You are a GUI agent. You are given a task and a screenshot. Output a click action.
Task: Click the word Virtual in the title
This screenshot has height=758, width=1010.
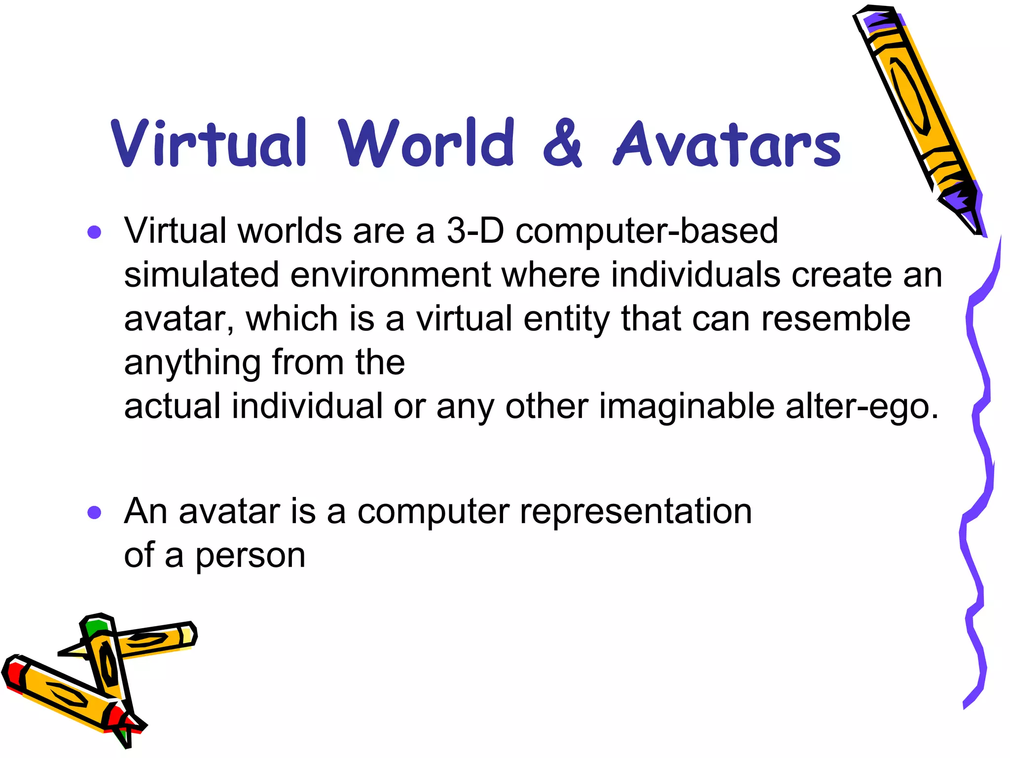click(x=210, y=143)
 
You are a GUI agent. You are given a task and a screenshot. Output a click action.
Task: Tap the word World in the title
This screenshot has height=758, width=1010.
click(x=427, y=143)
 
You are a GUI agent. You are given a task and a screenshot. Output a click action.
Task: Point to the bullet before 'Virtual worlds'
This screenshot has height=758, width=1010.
click(x=94, y=232)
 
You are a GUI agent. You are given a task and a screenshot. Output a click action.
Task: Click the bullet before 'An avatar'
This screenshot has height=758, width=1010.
click(x=94, y=512)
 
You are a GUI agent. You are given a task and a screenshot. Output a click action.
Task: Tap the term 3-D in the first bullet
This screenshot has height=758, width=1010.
click(x=475, y=231)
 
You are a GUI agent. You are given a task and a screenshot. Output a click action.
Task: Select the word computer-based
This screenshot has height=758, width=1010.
click(x=647, y=231)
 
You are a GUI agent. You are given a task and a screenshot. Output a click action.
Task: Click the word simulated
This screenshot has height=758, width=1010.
click(x=201, y=274)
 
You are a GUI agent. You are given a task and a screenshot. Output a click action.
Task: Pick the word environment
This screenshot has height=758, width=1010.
click(x=390, y=274)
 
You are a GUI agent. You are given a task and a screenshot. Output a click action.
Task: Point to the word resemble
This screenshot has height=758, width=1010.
click(x=835, y=318)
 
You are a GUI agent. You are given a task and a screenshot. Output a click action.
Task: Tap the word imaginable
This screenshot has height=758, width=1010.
click(x=687, y=406)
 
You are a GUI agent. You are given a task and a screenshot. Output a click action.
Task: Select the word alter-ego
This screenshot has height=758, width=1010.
click(x=862, y=406)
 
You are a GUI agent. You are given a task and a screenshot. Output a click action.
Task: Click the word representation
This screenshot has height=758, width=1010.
click(x=636, y=511)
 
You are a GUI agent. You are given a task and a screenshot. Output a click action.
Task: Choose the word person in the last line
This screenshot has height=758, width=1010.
click(x=250, y=556)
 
